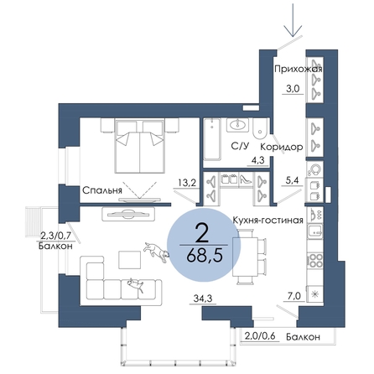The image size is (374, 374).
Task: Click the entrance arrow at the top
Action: [293, 20]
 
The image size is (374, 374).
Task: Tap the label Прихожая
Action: [299, 69]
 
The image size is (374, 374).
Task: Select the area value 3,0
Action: [293, 89]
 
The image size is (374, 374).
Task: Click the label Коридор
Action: [282, 147]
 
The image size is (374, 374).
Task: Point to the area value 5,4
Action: [292, 180]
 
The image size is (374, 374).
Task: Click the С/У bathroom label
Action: [240, 146]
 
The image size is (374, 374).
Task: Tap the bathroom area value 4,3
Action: [258, 161]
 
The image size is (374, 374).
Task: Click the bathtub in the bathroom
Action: [212, 139]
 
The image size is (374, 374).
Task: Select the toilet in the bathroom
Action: [260, 128]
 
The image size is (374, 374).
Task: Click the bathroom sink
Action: [237, 124]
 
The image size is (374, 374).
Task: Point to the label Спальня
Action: [102, 190]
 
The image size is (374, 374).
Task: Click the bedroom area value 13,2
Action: [187, 183]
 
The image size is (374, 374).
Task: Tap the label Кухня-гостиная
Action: [268, 220]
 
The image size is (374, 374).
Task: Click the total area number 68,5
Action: [204, 256]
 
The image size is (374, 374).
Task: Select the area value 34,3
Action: [203, 299]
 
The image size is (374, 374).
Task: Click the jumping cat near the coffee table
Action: [157, 251]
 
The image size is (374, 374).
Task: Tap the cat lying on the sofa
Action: [136, 284]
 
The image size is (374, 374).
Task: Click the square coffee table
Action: [130, 260]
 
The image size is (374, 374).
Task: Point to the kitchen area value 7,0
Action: [293, 296]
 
